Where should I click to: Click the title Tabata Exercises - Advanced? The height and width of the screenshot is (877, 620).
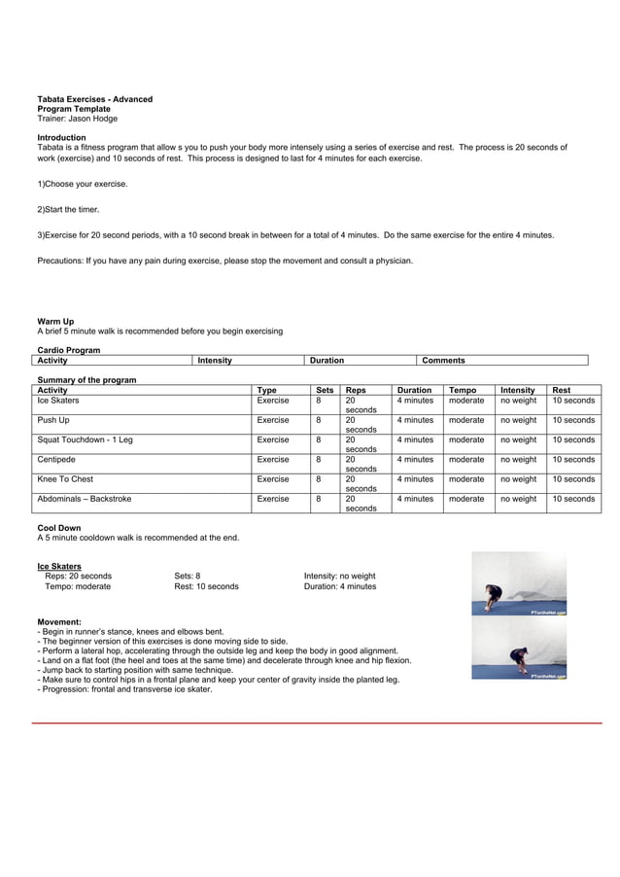94,99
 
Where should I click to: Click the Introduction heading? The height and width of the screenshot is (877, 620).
61,138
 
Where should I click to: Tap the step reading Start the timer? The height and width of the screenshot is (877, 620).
68,209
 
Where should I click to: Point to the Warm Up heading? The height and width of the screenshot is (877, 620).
55,321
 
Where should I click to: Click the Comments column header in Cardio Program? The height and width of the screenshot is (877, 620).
443,361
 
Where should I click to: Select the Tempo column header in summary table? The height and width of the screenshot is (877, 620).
463,390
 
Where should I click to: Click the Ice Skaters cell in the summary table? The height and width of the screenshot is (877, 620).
58,401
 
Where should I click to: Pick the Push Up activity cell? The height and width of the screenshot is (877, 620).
53,420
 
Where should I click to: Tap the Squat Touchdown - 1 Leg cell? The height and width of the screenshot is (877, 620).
85,439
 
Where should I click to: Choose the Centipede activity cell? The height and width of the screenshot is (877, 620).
56,459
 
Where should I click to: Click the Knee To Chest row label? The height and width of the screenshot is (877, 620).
65,478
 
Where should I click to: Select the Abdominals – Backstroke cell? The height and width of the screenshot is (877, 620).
85,499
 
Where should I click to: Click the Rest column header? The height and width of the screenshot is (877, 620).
561,390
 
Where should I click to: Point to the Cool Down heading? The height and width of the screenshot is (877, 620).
59,528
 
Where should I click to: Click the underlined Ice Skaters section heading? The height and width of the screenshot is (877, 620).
59,566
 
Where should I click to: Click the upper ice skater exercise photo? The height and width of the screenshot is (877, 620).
519,585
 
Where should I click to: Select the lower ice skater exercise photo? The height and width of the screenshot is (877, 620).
519,650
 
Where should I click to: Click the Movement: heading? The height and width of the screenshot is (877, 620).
59,621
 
